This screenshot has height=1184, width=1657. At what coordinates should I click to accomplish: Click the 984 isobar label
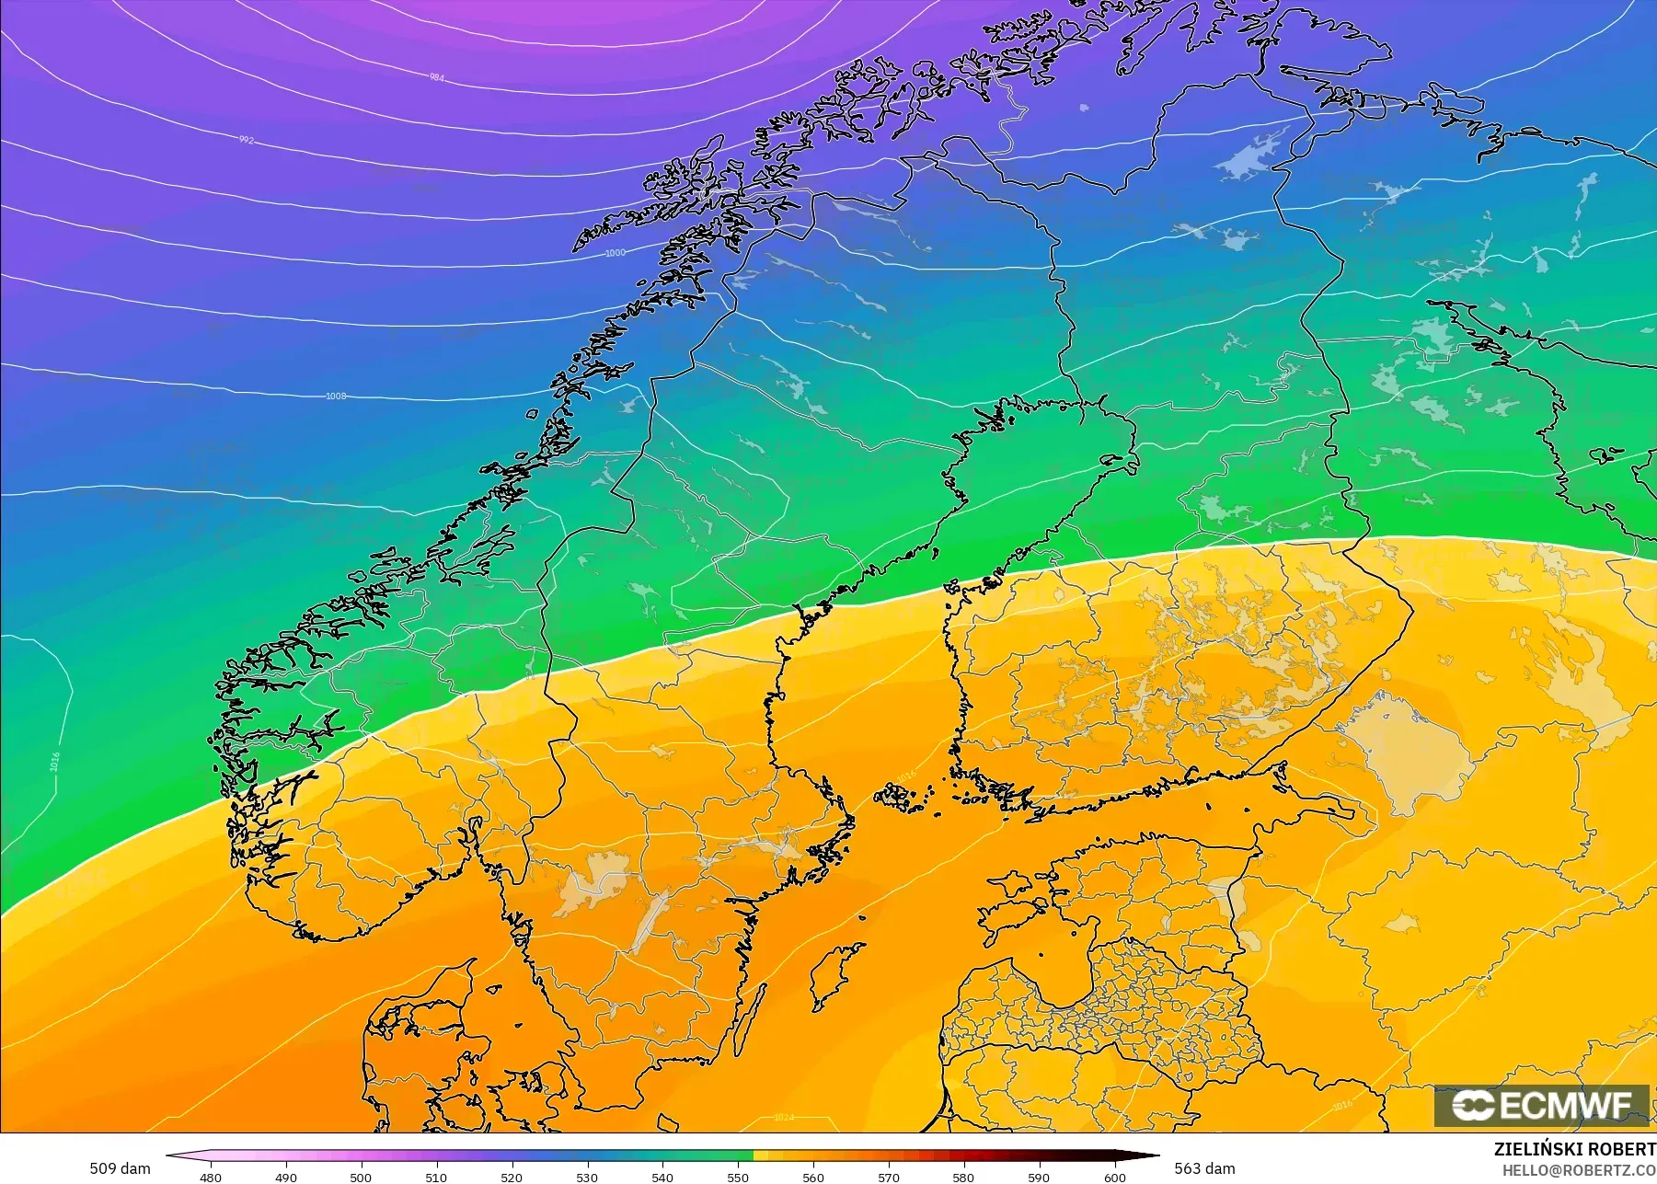coord(437,77)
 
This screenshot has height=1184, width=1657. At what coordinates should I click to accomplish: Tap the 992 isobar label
coord(246,140)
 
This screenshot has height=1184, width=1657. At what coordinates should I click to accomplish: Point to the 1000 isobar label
coord(615,253)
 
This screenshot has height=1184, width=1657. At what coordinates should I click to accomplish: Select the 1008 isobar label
coord(336,397)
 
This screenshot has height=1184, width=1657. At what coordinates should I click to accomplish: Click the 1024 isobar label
coord(783,1118)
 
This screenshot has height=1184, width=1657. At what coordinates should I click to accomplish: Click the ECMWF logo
coord(1541,1106)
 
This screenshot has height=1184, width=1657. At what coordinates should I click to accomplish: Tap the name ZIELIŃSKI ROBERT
coord(1574,1150)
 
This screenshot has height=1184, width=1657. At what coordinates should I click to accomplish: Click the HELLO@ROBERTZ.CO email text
coord(1579,1170)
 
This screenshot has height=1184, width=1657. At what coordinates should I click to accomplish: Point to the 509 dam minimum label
coord(120,1168)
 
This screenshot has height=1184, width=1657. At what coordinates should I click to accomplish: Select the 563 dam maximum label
coord(1204,1168)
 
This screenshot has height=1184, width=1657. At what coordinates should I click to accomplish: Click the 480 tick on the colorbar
coord(211,1178)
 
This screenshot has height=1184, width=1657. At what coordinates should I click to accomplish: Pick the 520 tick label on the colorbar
coord(512,1178)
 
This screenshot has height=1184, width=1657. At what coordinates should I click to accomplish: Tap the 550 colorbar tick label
coord(738,1178)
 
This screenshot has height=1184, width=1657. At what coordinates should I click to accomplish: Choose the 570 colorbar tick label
coord(889,1178)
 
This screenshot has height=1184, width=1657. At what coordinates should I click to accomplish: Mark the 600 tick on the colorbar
coord(1114,1178)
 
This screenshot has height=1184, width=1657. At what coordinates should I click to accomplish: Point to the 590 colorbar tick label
coord(1039,1178)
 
